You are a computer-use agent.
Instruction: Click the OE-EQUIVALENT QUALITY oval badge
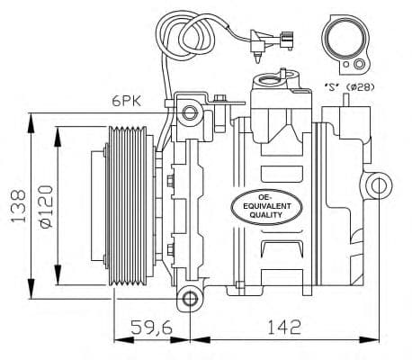point(267,206)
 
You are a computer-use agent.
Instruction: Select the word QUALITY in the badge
point(267,216)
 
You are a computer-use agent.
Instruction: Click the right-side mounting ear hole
point(379,186)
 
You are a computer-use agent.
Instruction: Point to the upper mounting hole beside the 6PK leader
point(189,113)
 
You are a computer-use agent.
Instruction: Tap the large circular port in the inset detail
point(345,40)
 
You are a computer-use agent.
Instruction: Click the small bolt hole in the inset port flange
point(359,64)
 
